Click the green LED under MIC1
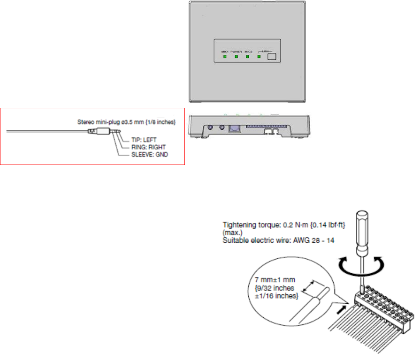(225, 57)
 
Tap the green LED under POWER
(237, 57)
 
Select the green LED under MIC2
(248, 57)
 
